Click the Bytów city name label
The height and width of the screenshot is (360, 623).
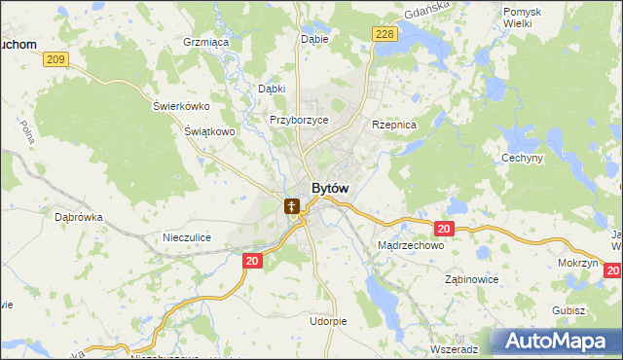pos(330,188)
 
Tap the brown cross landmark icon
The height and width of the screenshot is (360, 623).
pos(291,206)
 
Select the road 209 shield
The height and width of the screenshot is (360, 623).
pos(56,60)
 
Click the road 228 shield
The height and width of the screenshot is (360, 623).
pos(384,34)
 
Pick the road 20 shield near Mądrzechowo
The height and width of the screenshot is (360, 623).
pos(444,229)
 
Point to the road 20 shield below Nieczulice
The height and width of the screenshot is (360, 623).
pos(252,261)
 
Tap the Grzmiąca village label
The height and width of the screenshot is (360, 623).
pos(205,43)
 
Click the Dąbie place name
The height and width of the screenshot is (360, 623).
pos(314,39)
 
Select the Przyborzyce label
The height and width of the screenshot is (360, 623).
pos(299,120)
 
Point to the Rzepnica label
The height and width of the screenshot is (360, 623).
pos(394,126)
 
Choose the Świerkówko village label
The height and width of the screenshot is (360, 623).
pos(182,106)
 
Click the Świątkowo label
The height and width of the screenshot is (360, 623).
pos(210,130)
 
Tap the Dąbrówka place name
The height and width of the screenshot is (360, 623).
pos(79,218)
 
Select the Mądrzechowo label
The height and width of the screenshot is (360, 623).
pos(410,246)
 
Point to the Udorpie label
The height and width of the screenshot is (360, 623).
pos(327,321)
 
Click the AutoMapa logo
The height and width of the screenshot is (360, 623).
pos(556,342)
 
